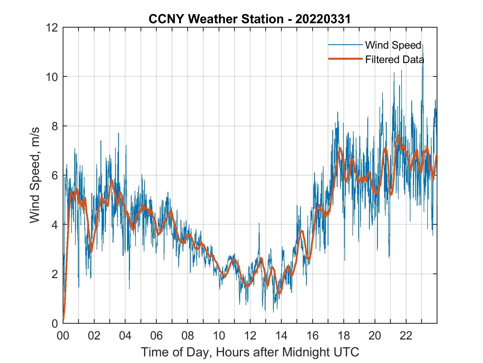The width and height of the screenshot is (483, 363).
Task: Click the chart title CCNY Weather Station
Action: (x=216, y=19)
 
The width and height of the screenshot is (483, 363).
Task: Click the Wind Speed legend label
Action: (x=393, y=45)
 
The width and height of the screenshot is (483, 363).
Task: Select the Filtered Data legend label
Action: (x=394, y=59)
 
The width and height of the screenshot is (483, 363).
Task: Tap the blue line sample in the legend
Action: (x=345, y=45)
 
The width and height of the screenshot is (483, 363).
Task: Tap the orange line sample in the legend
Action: (x=345, y=59)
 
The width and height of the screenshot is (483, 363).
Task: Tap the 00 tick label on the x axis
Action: (x=63, y=336)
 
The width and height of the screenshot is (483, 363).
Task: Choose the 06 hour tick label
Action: (x=156, y=336)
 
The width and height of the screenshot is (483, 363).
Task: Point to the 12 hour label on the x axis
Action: (x=250, y=336)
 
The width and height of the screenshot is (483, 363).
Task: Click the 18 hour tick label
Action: (x=344, y=336)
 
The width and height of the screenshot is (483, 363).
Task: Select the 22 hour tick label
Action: (x=406, y=336)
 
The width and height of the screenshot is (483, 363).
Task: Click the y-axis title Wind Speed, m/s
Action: (x=35, y=175)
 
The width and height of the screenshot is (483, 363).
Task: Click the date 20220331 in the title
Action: (x=323, y=19)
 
